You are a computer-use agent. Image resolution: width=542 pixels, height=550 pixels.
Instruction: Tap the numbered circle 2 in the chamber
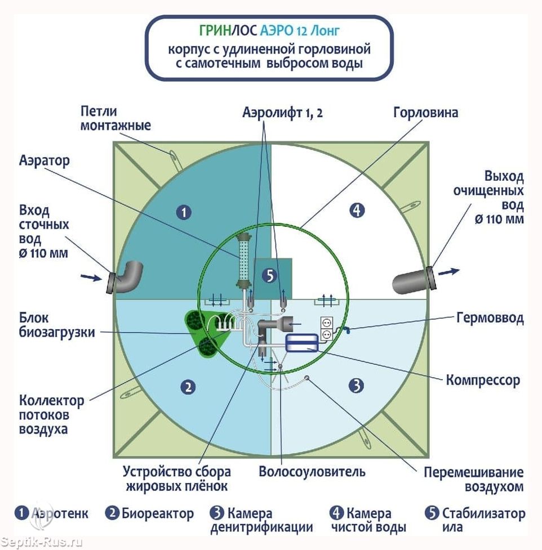tap(188, 387)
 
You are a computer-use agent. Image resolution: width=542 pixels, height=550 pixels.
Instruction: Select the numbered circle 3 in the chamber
tap(356, 386)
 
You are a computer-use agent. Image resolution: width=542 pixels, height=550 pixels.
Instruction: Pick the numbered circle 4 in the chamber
tap(357, 211)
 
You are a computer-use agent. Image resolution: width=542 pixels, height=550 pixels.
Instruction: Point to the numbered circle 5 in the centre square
tap(270, 275)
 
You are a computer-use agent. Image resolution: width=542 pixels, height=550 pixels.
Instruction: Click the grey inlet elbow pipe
tap(127, 276)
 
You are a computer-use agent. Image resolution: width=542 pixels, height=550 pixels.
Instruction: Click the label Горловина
tap(425, 113)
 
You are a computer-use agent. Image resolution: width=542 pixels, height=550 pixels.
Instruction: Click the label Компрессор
tap(483, 381)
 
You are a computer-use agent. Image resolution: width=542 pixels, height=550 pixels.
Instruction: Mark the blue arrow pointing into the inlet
tap(90, 276)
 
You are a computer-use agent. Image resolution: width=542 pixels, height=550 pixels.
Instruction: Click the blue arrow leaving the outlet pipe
tap(449, 272)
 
